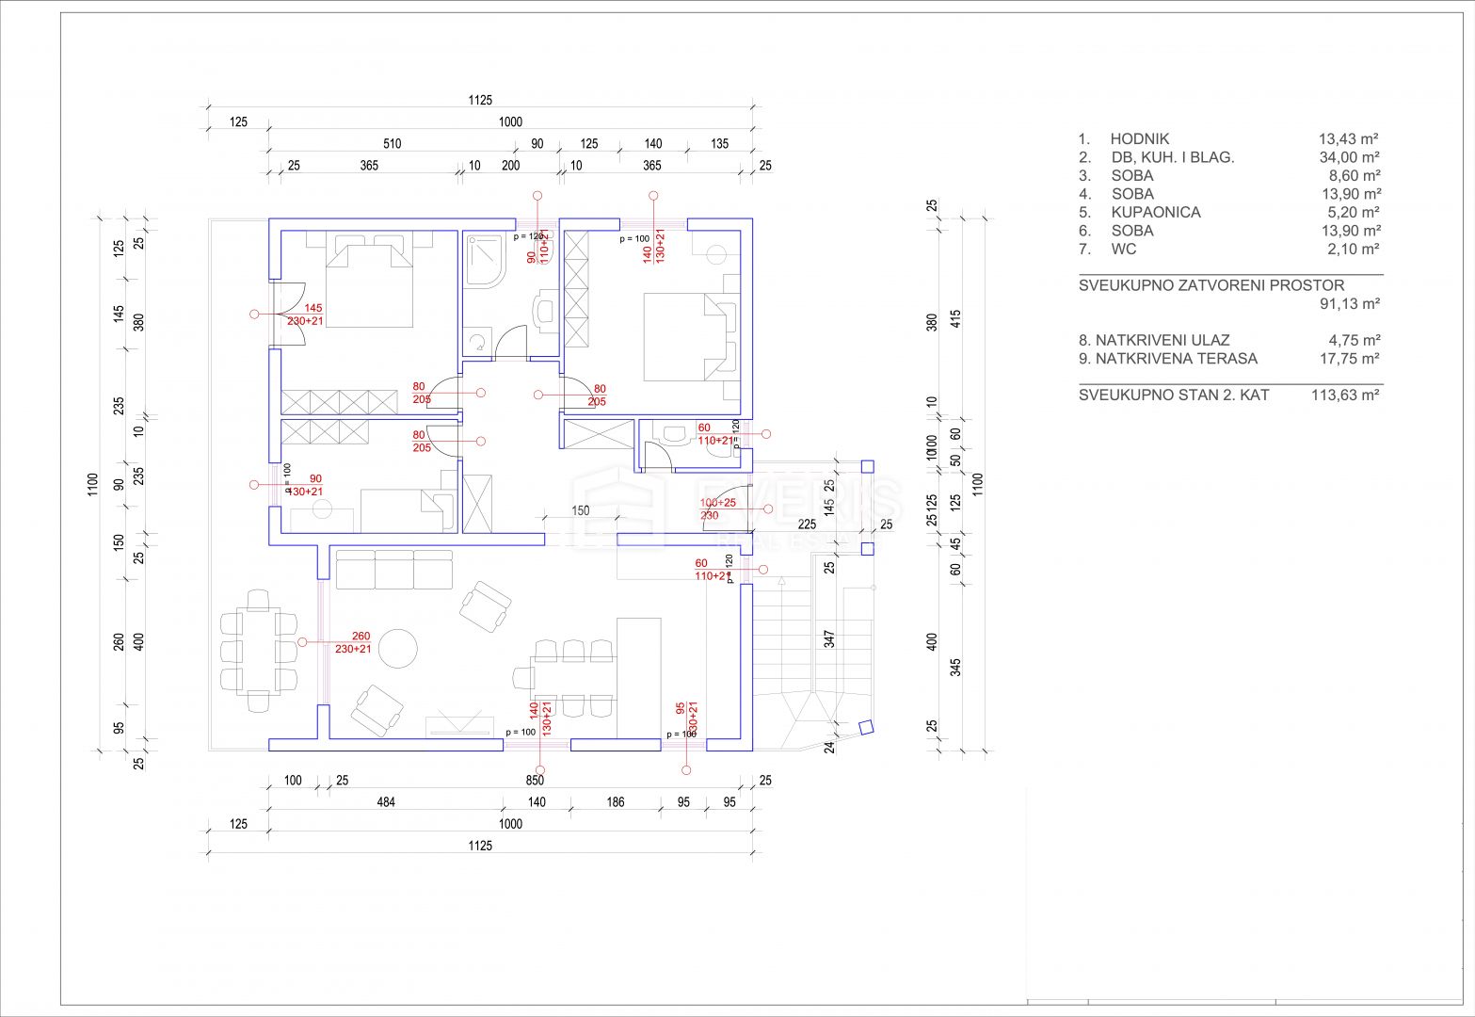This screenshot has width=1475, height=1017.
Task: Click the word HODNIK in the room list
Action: [x=1139, y=138]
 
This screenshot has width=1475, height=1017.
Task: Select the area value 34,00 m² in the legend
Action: [x=1349, y=157]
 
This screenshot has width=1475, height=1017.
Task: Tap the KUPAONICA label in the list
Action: [x=1155, y=212]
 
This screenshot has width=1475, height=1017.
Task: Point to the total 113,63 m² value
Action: [x=1345, y=395]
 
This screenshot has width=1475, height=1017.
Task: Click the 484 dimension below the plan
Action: [x=386, y=802]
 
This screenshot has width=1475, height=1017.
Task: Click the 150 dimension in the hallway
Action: [x=580, y=510]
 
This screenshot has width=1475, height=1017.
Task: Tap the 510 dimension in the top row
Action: [x=392, y=144]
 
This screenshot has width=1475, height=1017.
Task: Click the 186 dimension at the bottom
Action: [x=615, y=802]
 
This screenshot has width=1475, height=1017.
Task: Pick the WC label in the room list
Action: [x=1123, y=249]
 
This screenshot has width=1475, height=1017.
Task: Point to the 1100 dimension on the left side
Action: [x=92, y=485]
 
